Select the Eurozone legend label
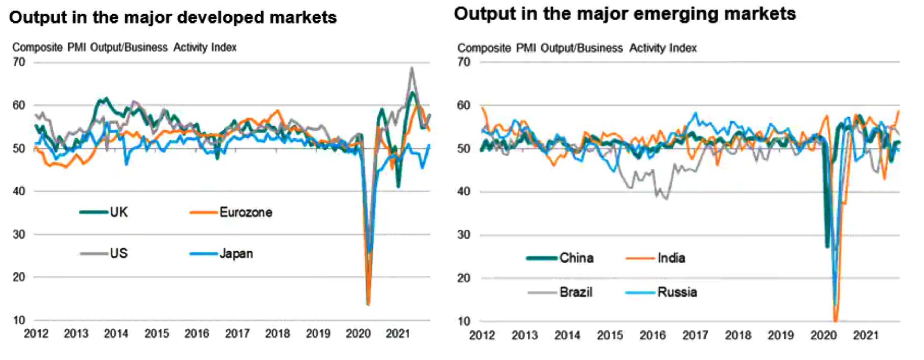[x=246, y=212]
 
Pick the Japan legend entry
[x=236, y=253]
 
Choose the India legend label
[x=671, y=258]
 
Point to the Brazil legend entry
[x=576, y=292]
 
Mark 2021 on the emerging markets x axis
[x=865, y=335]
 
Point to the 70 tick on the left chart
[x=19, y=62]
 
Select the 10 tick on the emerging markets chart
[x=464, y=321]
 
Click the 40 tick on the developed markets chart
[x=19, y=191]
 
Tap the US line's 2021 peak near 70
[x=411, y=68]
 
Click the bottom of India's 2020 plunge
[x=835, y=321]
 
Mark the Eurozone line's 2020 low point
[x=368, y=304]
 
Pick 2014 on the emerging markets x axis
[x=567, y=335]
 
